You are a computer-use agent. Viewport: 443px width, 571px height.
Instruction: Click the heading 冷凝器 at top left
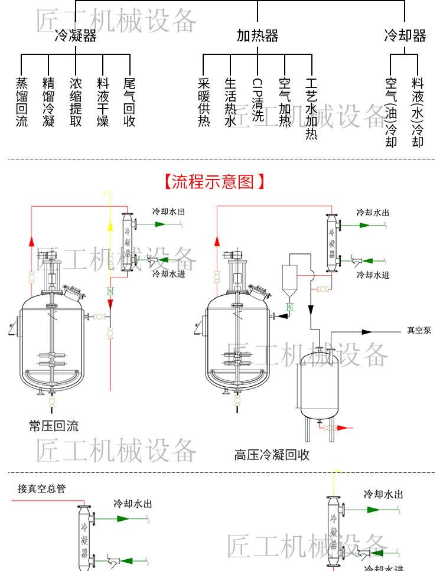tap(75, 36)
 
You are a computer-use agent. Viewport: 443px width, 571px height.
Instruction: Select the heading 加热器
tap(258, 36)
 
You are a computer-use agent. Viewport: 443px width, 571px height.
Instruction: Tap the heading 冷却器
tap(405, 36)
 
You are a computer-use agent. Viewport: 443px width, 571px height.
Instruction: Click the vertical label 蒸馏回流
tap(22, 102)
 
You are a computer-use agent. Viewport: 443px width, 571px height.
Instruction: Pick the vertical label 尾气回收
tap(130, 102)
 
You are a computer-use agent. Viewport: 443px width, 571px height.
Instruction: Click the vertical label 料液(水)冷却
tap(418, 112)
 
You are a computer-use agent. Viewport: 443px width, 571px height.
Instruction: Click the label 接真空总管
tap(42, 488)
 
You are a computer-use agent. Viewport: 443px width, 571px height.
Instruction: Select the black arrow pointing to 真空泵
tap(367, 332)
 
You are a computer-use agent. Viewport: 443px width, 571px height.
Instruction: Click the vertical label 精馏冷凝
tap(49, 102)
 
